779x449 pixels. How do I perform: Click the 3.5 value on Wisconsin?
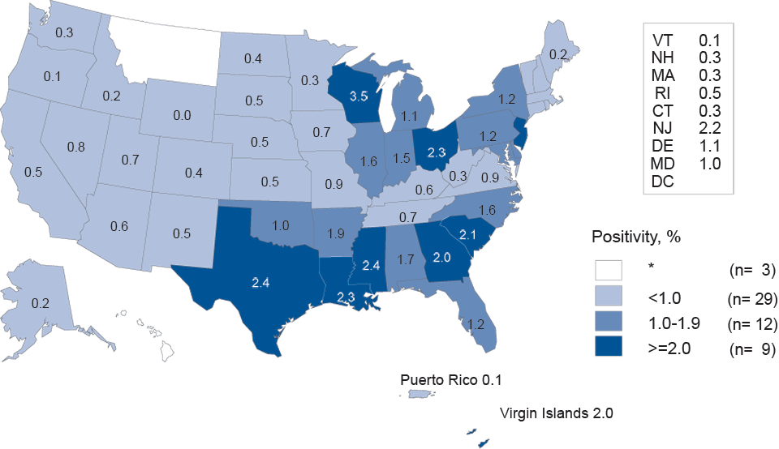359,96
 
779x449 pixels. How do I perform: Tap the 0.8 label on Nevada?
77,147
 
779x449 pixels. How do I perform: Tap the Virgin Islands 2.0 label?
555,413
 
